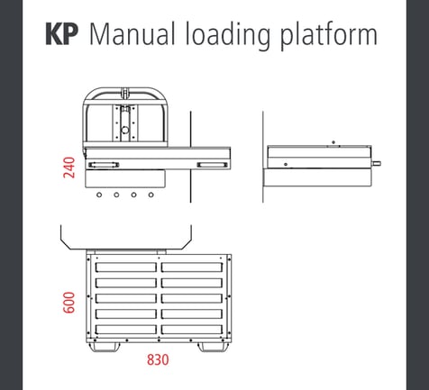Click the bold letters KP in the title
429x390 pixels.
(x=63, y=35)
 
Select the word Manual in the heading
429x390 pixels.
(x=132, y=35)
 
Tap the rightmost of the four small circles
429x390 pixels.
(x=148, y=194)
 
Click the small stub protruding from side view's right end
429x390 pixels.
(x=379, y=163)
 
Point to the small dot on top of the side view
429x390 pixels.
(x=333, y=142)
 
